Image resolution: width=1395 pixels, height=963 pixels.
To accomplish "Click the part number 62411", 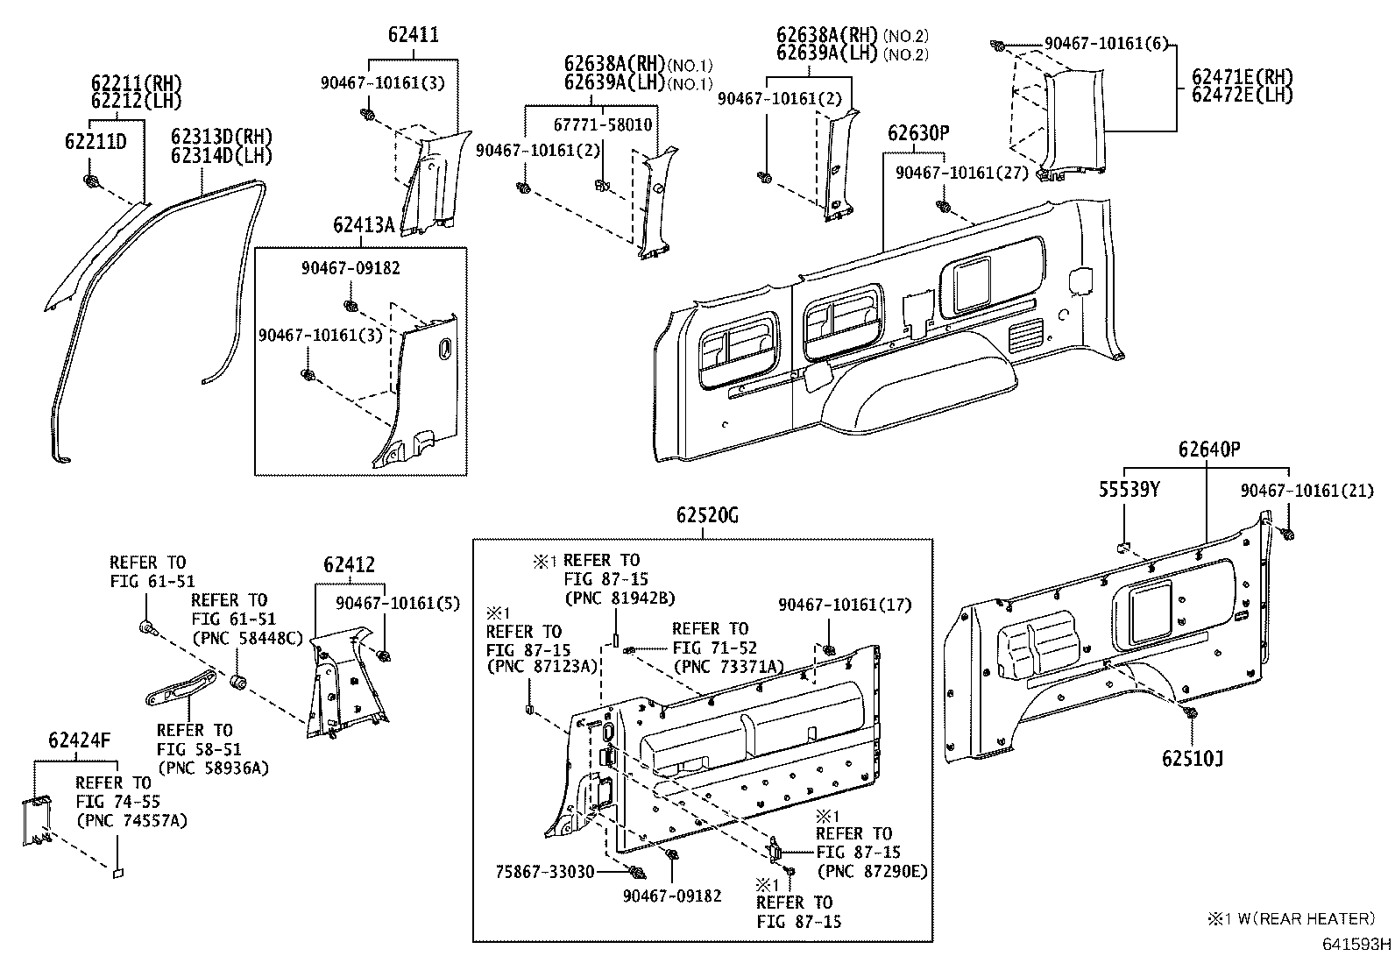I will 413,36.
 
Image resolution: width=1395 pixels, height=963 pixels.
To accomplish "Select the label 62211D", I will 96,142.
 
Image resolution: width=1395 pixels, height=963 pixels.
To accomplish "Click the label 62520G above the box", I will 706,516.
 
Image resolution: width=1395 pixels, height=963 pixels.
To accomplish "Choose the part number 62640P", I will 1209,450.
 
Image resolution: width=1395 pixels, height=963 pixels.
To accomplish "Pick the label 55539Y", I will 1129,491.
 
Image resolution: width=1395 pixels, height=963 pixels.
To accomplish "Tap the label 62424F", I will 80,741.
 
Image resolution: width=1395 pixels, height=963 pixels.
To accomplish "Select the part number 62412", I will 349,565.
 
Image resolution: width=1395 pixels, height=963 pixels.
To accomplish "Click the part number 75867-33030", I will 545,872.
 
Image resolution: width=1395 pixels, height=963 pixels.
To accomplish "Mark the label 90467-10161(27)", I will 961,173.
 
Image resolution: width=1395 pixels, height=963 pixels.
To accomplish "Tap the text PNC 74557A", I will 131,821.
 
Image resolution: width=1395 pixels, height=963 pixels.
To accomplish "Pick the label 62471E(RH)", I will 1242,77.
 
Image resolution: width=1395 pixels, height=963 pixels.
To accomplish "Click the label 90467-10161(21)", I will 1306,492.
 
